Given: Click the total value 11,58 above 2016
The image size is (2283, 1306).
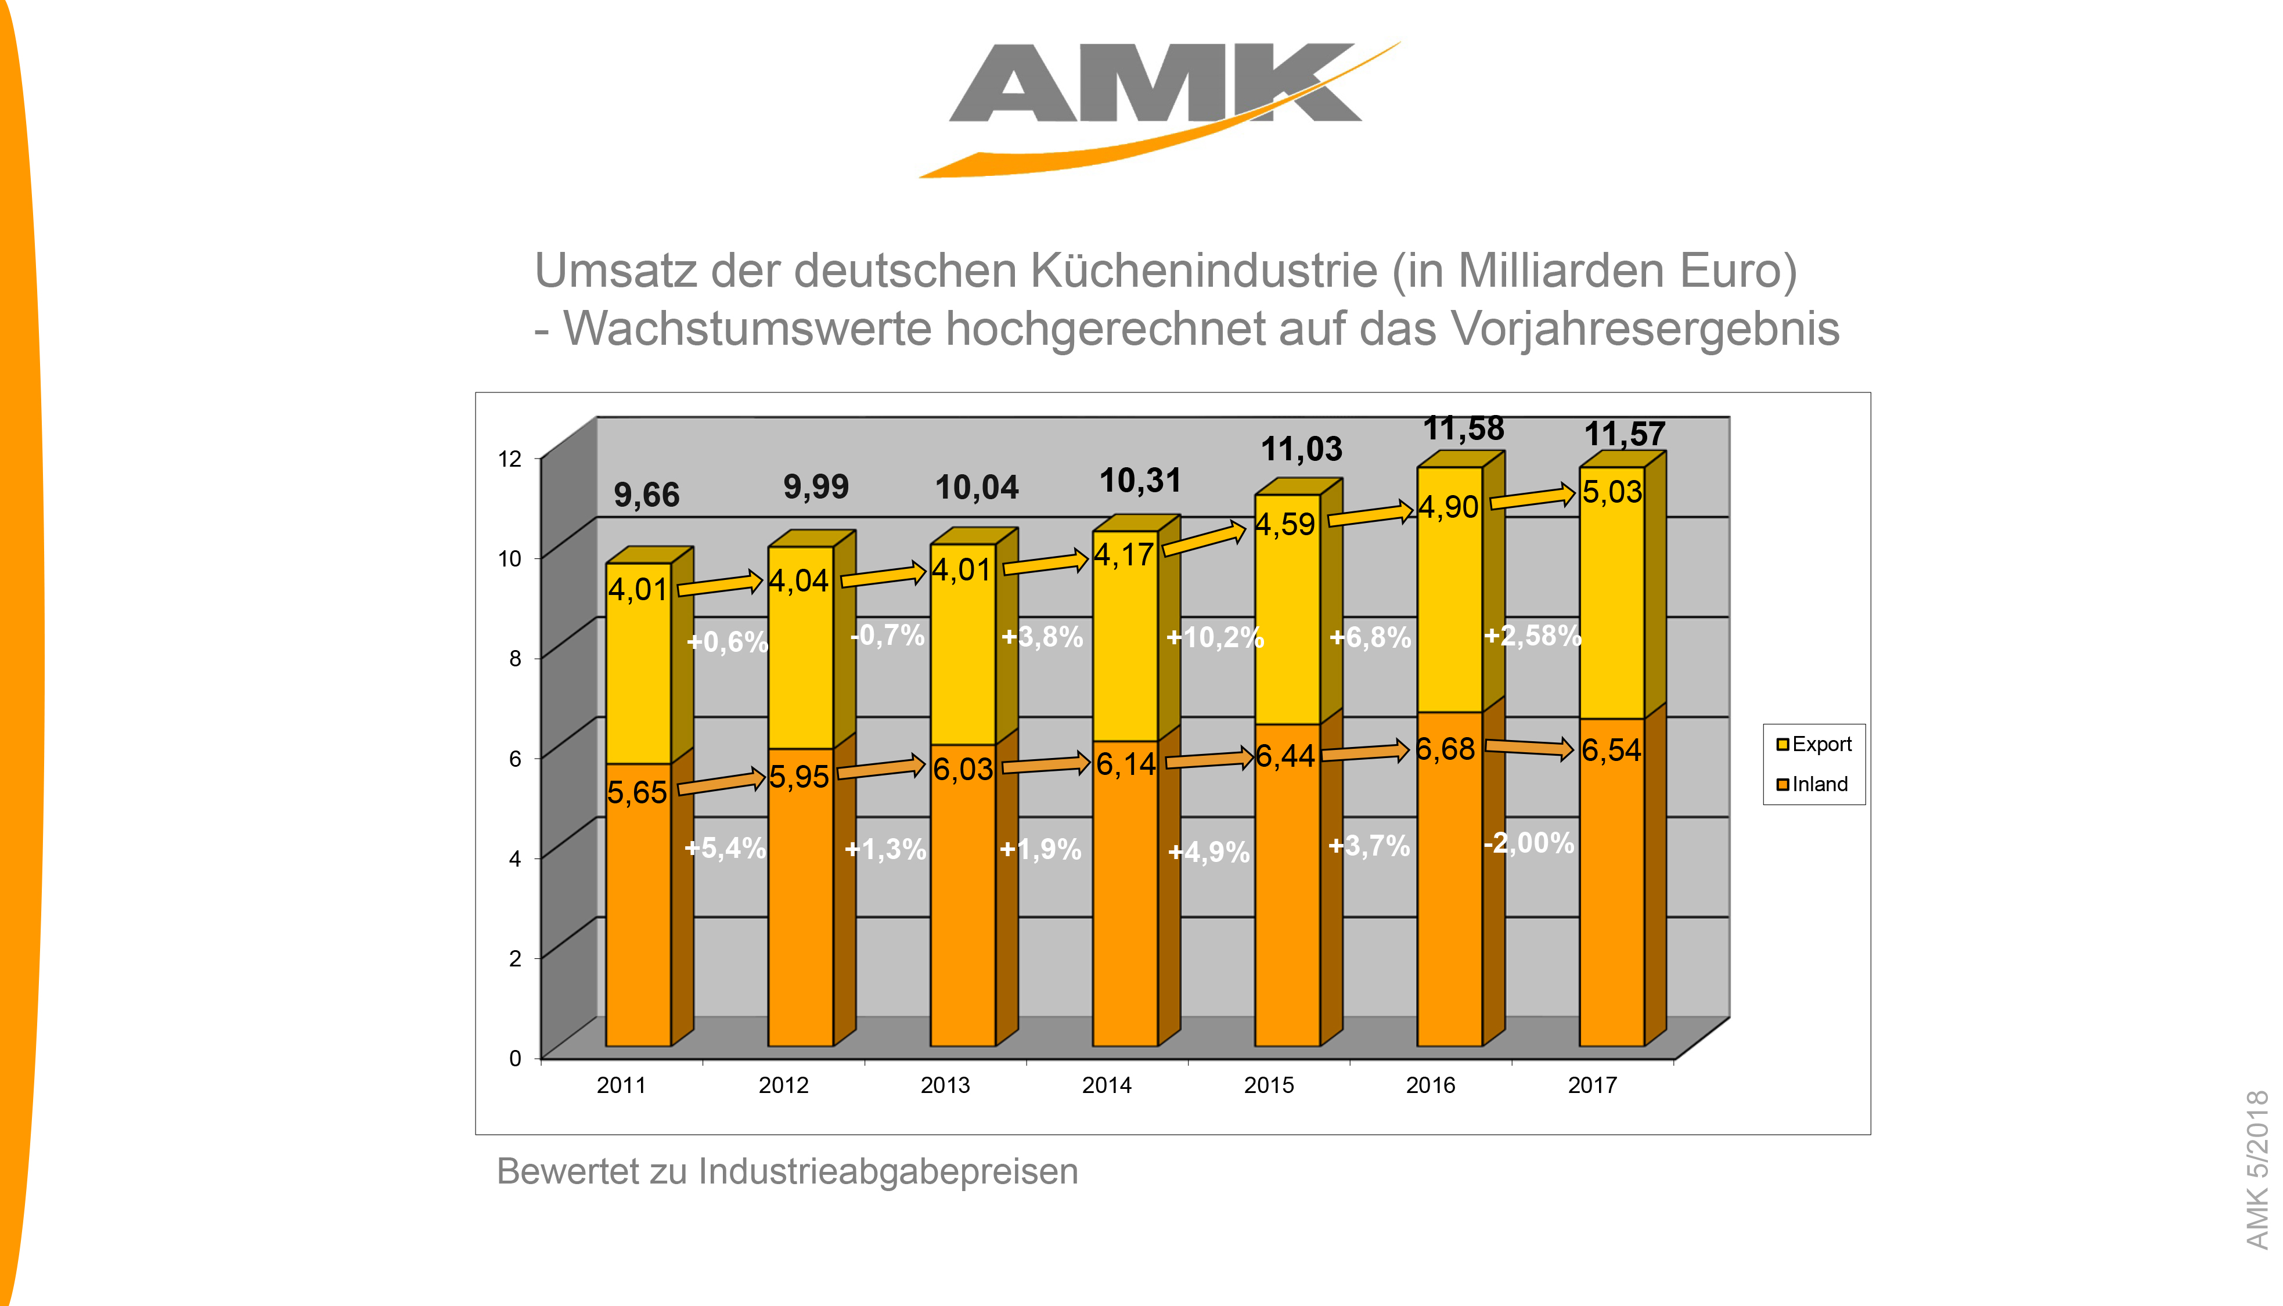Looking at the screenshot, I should pyautogui.click(x=1463, y=430).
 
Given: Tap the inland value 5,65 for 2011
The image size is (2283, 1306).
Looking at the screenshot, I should pyautogui.click(x=637, y=793).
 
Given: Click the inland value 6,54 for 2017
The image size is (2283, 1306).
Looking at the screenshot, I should pyautogui.click(x=1611, y=750).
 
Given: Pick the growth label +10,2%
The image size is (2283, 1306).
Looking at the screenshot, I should pyautogui.click(x=1215, y=638).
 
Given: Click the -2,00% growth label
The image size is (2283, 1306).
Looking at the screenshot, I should pyautogui.click(x=1529, y=843).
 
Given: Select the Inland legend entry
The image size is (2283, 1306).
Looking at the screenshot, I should pyautogui.click(x=1812, y=785).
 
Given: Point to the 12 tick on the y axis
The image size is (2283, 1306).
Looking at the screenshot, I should pyautogui.click(x=510, y=459).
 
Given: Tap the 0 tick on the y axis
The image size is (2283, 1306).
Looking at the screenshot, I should pyautogui.click(x=515, y=1058).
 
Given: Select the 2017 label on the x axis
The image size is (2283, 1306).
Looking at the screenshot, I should pyautogui.click(x=1591, y=1085).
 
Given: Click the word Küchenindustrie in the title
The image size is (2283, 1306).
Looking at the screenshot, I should pyautogui.click(x=1204, y=271).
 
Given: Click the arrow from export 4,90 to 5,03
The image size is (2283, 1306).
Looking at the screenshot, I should pyautogui.click(x=1532, y=498).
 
